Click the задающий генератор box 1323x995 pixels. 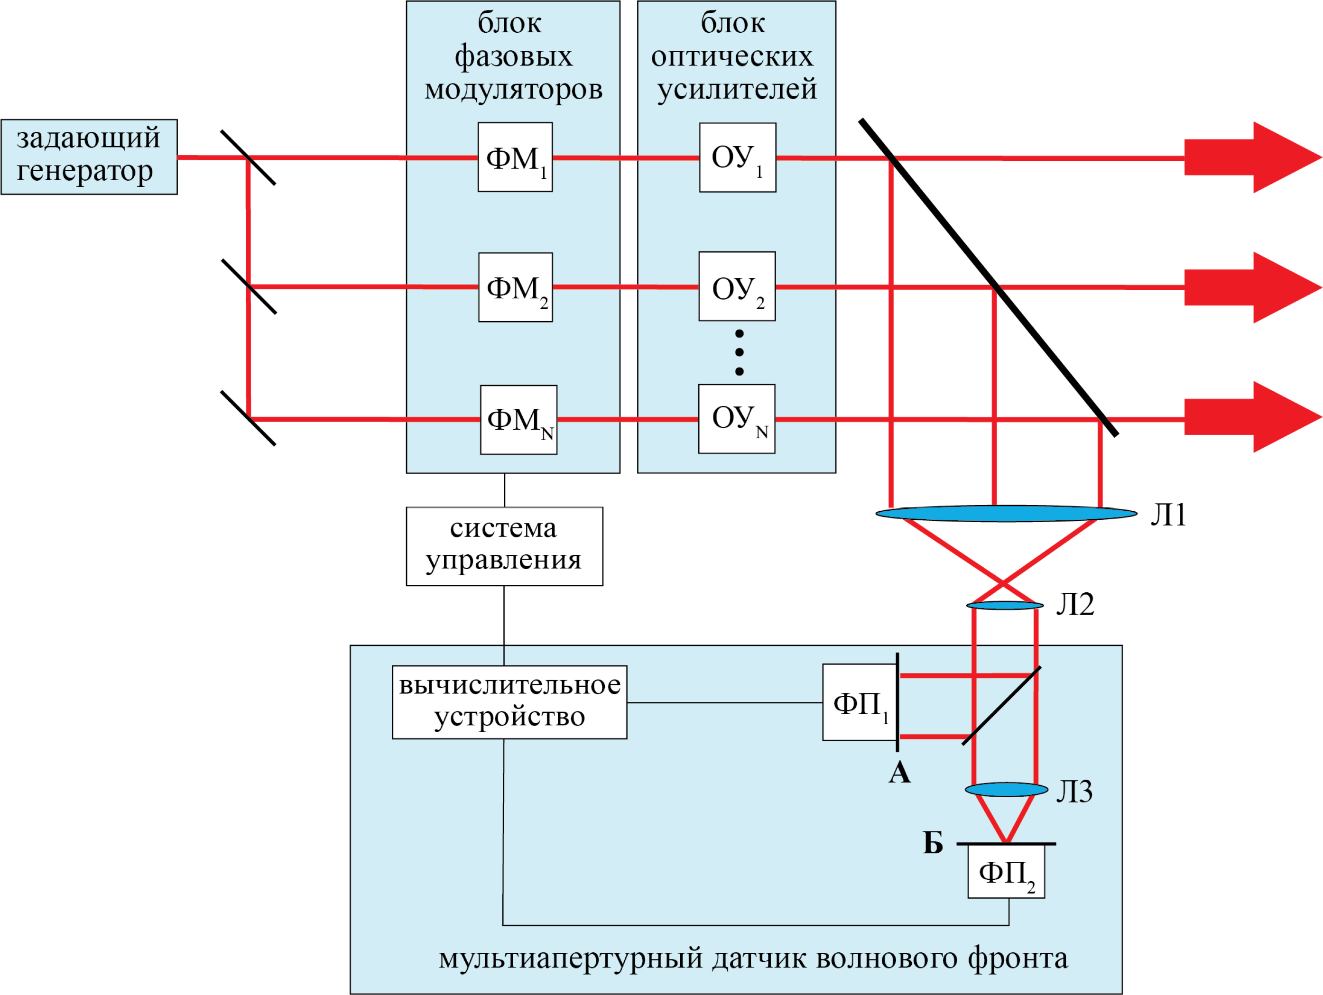(89, 157)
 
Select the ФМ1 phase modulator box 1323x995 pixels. (515, 157)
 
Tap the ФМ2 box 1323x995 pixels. (515, 287)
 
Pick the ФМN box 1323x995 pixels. (518, 420)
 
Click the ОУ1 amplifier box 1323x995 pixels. (738, 157)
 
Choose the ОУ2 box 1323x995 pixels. (737, 286)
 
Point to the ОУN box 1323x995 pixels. (736, 419)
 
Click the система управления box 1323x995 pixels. (504, 546)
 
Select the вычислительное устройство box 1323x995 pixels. (509, 702)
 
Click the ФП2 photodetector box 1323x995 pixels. (1006, 872)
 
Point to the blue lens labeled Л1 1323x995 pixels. (1006, 513)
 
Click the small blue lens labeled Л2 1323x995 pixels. (1005, 606)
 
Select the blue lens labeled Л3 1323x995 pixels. (1006, 789)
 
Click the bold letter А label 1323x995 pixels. (899, 773)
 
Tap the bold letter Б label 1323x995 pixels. (933, 843)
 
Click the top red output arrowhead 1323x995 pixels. (1286, 157)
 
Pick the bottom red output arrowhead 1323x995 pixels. (1286, 417)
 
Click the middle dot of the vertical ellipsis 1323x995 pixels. (739, 352)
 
